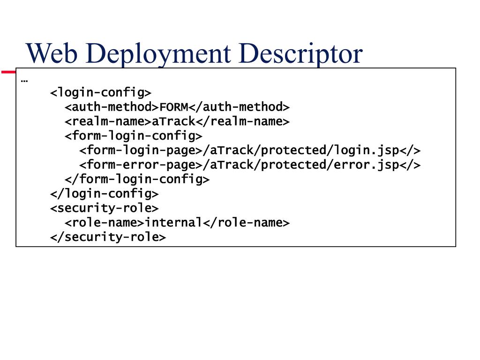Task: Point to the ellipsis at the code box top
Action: click(x=24, y=79)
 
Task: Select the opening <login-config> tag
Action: click(x=101, y=92)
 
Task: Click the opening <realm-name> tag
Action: click(x=108, y=121)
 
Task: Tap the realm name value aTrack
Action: click(x=173, y=121)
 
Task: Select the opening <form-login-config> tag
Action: click(x=134, y=136)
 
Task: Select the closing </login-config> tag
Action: click(x=105, y=194)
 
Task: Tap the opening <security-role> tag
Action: click(x=105, y=208)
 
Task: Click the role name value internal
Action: click(x=174, y=223)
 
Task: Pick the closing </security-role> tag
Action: click(x=108, y=237)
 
